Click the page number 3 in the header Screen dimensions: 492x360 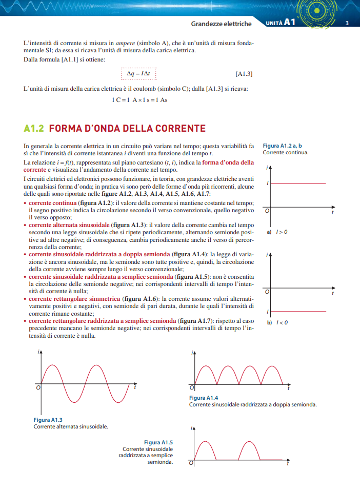pyautogui.click(x=347, y=23)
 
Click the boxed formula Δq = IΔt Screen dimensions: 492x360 pyautogui.click(x=138, y=74)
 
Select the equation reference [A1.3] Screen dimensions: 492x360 pyautogui.click(x=244, y=74)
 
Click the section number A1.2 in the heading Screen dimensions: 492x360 pyautogui.click(x=34, y=129)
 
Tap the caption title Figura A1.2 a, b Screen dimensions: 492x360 pyautogui.click(x=282, y=146)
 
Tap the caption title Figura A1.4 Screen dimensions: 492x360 pyautogui.click(x=204, y=398)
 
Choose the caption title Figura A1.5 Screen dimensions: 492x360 pyautogui.click(x=158, y=442)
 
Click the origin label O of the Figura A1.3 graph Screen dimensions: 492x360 pyautogui.click(x=37, y=387)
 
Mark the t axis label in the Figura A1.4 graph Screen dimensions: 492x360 pyautogui.click(x=288, y=388)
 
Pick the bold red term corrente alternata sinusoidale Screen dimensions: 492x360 pyautogui.click(x=69, y=225)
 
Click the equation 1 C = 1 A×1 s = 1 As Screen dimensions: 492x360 pyautogui.click(x=139, y=100)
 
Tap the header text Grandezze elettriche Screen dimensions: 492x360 pyautogui.click(x=221, y=24)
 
